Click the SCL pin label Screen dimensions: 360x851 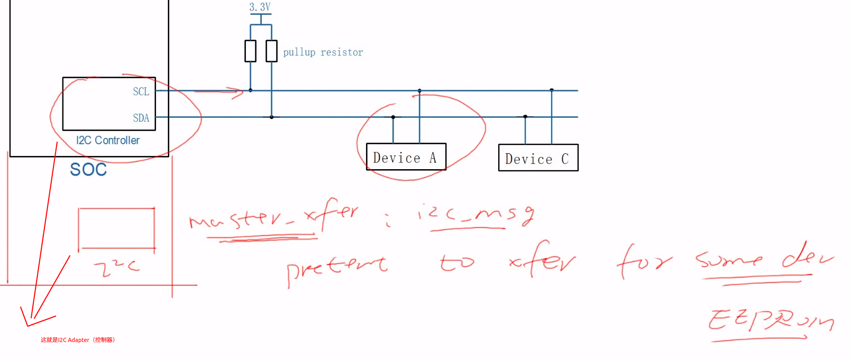[141, 91]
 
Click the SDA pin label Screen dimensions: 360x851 [141, 118]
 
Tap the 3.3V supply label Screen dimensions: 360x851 [260, 7]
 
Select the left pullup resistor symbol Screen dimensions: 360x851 [250, 51]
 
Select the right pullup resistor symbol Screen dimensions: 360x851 [271, 51]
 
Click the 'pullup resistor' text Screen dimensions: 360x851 [323, 52]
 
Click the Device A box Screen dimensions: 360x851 [406, 157]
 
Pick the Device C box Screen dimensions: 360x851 [538, 158]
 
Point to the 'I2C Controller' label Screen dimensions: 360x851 [108, 141]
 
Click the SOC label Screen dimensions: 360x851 [88, 170]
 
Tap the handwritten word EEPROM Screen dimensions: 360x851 [770, 320]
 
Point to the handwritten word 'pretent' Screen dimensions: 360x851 [336, 266]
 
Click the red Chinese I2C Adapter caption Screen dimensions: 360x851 [78, 340]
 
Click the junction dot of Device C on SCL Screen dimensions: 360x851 [552, 90]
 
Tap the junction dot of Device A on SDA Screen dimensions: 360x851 [393, 117]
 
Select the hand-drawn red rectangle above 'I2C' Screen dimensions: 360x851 [116, 228]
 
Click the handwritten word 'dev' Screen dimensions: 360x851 [807, 257]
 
